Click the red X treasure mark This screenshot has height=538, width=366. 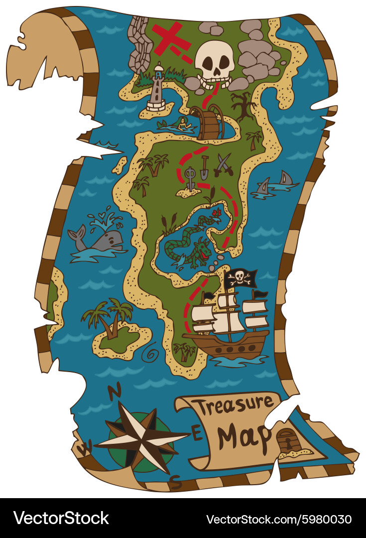click(171, 38)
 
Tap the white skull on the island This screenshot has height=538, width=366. click(214, 62)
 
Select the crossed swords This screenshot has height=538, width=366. click(223, 165)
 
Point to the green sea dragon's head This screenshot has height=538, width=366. click(202, 247)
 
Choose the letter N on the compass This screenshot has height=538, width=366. click(115, 392)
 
